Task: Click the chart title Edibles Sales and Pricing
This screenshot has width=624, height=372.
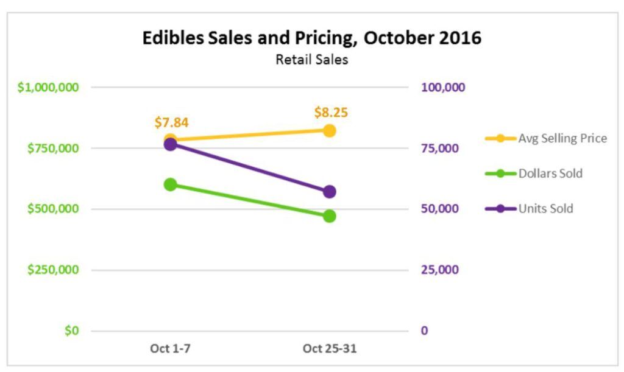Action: (x=311, y=38)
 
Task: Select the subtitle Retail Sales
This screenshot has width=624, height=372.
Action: (x=311, y=60)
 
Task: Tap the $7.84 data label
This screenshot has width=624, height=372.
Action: (x=171, y=122)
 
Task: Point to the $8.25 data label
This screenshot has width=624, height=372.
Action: (x=331, y=113)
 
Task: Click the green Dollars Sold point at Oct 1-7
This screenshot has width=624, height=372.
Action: (x=171, y=184)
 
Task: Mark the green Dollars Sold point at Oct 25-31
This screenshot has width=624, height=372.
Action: (x=330, y=216)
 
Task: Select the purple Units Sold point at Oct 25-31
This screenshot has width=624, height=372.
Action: (x=330, y=192)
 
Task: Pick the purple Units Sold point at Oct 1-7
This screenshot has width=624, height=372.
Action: (x=171, y=144)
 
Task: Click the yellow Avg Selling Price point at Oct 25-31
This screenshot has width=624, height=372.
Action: (x=330, y=130)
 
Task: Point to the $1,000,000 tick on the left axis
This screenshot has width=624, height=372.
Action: (x=48, y=87)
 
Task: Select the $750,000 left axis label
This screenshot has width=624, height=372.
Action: (x=53, y=148)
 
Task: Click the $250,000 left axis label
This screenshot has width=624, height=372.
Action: (x=53, y=270)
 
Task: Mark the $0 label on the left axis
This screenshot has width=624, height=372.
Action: (x=72, y=331)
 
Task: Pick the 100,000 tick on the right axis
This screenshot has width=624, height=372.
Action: (x=442, y=87)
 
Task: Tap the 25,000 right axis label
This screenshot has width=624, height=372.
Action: (x=439, y=270)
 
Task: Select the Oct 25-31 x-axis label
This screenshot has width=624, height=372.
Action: (x=330, y=349)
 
